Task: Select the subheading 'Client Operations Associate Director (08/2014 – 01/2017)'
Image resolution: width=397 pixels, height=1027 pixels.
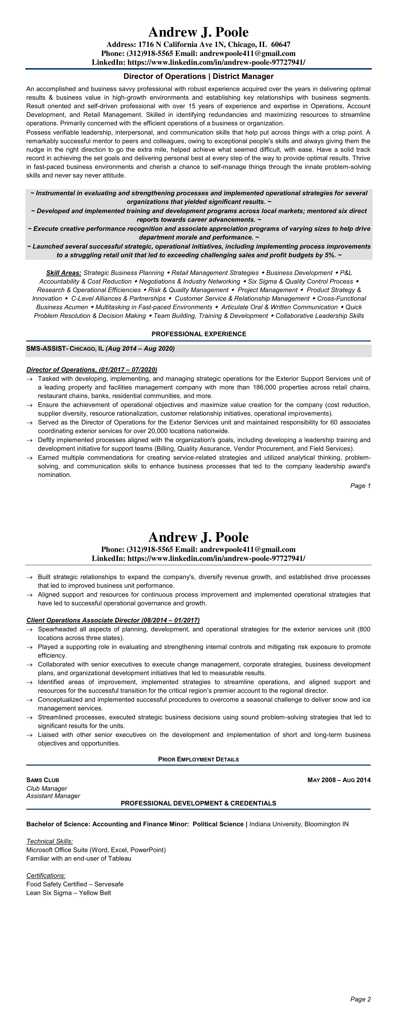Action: coord(113,620)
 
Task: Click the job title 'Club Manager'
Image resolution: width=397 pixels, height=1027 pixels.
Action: coord(47,789)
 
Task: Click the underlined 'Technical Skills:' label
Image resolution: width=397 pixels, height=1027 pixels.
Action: coord(50,842)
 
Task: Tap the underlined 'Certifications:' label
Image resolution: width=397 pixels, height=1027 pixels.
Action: coord(46,876)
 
